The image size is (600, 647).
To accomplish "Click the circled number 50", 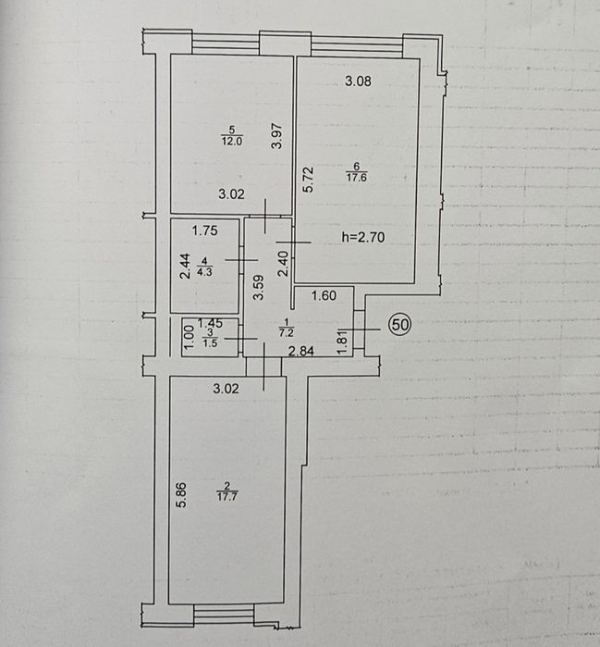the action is click(400, 325).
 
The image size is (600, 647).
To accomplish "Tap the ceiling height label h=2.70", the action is click(363, 237).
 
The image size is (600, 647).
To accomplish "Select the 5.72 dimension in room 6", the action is click(308, 179).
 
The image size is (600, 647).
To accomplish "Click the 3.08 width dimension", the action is click(358, 81).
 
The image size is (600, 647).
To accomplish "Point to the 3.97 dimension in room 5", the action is click(277, 136).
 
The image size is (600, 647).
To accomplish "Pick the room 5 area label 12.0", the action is click(232, 141).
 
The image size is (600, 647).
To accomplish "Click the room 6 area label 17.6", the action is click(357, 178).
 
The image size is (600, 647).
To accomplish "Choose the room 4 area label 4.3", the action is click(205, 272).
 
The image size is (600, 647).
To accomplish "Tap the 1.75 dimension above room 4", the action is click(205, 230).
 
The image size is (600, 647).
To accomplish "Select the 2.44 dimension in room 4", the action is click(186, 266).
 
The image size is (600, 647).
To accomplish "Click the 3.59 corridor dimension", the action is click(258, 287).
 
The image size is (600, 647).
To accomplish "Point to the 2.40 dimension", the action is click(283, 263).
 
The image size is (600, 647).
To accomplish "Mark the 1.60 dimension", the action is click(324, 295).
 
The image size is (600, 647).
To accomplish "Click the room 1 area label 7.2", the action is click(287, 332).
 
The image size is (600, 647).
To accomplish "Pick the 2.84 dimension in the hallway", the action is click(301, 351).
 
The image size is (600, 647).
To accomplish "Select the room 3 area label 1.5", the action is click(210, 342).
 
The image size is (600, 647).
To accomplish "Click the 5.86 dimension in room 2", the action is click(181, 494).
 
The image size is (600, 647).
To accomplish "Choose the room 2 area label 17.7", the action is click(227, 496).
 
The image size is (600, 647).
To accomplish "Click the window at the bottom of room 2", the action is click(224, 615).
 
